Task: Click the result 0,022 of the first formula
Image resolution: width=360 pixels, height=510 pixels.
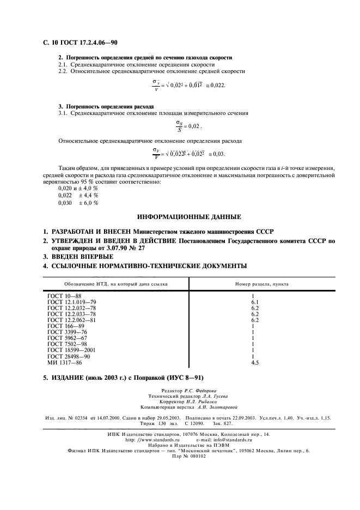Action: click(x=217, y=86)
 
